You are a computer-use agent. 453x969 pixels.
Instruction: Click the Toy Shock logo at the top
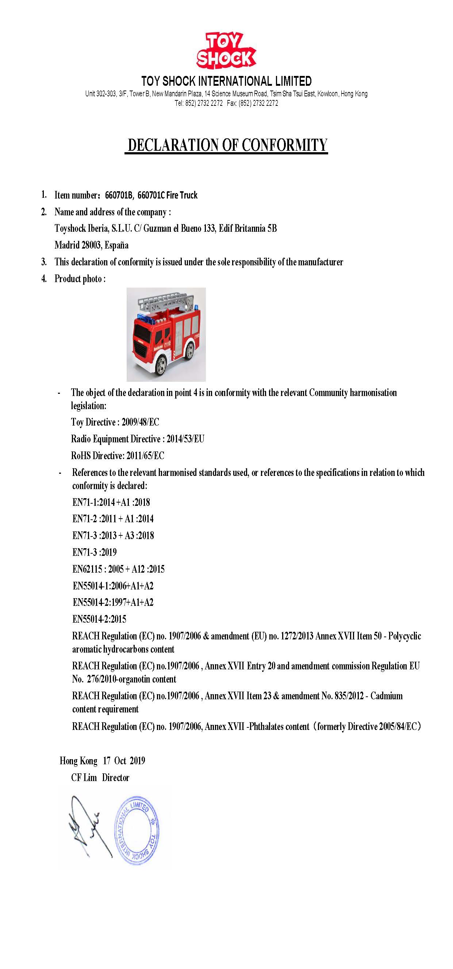(226, 51)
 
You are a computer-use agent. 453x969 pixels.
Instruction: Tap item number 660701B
(119, 195)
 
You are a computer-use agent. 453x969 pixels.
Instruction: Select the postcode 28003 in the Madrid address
(91, 245)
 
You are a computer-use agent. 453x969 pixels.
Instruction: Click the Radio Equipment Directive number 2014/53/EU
(185, 439)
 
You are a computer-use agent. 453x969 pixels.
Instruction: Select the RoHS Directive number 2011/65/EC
(145, 455)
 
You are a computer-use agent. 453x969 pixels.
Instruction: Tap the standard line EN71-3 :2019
(95, 552)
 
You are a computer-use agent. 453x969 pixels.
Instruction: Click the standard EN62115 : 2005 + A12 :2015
(119, 569)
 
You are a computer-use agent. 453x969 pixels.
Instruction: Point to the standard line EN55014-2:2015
(99, 619)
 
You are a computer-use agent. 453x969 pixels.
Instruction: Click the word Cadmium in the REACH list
(387, 696)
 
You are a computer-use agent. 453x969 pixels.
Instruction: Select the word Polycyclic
(404, 636)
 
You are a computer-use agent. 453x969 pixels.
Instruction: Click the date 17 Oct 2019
(124, 761)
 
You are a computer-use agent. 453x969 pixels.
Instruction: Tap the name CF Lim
(84, 777)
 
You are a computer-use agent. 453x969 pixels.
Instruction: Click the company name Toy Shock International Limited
(226, 81)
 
